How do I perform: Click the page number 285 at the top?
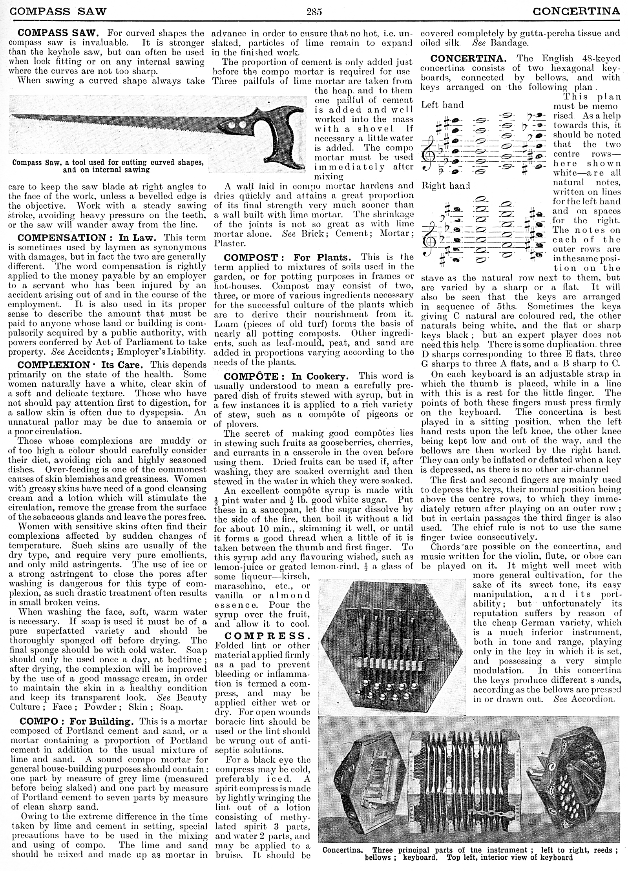pyautogui.click(x=314, y=11)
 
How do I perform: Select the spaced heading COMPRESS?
pyautogui.click(x=265, y=636)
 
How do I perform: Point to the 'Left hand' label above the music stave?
pyautogui.click(x=442, y=105)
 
